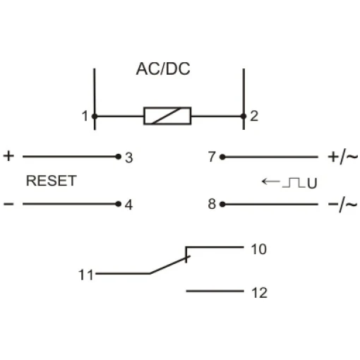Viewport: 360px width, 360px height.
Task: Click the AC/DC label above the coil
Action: (x=163, y=69)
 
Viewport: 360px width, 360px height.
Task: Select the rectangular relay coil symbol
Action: (x=167, y=116)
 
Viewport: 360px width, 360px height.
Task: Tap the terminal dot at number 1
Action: (x=95, y=116)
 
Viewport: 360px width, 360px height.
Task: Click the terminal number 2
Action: (x=254, y=116)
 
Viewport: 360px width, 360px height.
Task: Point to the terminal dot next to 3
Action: (x=119, y=157)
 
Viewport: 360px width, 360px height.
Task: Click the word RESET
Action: (x=52, y=181)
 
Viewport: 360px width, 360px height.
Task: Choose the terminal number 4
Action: (x=128, y=205)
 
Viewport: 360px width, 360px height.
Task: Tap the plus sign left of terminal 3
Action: (x=8, y=156)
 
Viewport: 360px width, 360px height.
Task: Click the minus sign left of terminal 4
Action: (x=8, y=204)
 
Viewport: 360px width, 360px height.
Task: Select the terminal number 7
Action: (x=212, y=157)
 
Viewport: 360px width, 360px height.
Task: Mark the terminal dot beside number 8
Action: (x=222, y=204)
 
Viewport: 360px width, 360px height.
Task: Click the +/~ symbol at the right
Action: (x=343, y=157)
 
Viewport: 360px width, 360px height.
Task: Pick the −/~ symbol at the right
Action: (x=343, y=205)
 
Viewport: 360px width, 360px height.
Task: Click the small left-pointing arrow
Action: (x=271, y=181)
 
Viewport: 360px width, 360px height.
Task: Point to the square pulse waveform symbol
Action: (x=294, y=183)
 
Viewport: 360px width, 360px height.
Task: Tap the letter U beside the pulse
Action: (x=312, y=184)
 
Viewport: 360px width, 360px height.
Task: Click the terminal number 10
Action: (x=259, y=249)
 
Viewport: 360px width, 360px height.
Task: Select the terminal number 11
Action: (x=86, y=275)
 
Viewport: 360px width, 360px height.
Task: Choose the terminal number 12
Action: (x=260, y=293)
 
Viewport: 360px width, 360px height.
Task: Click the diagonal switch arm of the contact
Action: (x=169, y=265)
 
